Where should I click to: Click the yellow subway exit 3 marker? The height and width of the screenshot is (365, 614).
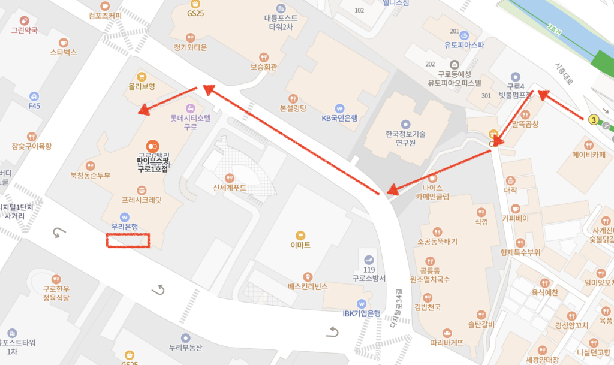click(x=594, y=119)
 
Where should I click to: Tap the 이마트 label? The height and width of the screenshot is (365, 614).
click(x=300, y=245)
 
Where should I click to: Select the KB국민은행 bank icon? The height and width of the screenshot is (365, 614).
click(x=340, y=108)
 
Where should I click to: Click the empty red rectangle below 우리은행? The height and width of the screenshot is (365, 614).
click(x=127, y=240)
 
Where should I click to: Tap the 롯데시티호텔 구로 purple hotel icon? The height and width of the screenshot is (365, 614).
click(x=191, y=108)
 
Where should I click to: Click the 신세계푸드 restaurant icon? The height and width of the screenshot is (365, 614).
click(x=229, y=178)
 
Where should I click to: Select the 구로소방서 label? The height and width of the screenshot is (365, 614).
click(x=369, y=278)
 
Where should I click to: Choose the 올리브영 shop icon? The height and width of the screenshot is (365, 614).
click(x=142, y=77)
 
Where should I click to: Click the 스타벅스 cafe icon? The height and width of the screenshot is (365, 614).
click(x=64, y=43)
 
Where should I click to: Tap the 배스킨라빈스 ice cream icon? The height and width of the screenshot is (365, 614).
click(x=308, y=276)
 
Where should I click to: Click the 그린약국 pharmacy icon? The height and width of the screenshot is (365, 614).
click(x=24, y=20)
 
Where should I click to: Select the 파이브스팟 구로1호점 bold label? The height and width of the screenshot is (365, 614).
click(x=152, y=164)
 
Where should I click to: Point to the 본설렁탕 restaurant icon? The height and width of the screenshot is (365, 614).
click(x=293, y=99)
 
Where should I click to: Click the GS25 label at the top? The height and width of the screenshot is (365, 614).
click(x=194, y=13)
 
